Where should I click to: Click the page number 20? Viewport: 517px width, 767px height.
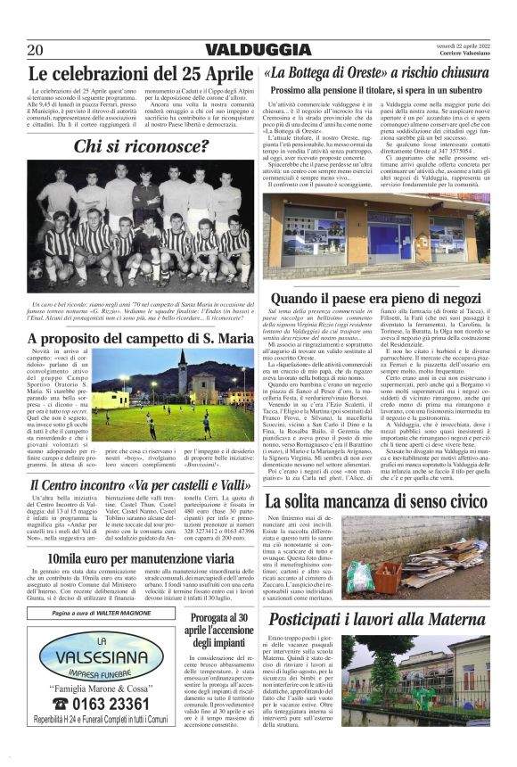point(36,50)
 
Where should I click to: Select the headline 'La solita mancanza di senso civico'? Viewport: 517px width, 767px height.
point(375,500)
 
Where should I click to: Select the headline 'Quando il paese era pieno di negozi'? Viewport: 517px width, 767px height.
point(375,297)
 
